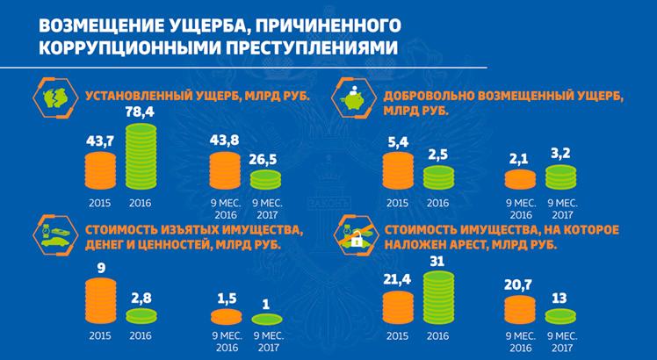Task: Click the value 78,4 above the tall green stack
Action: coord(141,113)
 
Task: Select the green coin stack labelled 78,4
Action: coord(141,156)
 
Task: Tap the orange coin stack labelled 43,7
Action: coord(100,170)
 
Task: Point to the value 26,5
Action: coord(265,161)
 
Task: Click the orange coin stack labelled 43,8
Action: coord(225,170)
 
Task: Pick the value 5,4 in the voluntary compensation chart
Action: coord(397,141)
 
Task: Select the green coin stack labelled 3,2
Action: coord(560,177)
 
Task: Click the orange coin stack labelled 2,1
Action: coord(520,179)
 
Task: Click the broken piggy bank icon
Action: coord(55,97)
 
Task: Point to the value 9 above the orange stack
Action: coord(100,268)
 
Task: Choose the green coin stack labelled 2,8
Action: coord(141,316)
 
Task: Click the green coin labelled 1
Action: coord(266,319)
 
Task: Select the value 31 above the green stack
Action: coord(438,262)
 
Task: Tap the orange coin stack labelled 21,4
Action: coord(398,307)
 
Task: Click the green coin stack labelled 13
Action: coord(560,316)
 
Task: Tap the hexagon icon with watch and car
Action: coord(55,235)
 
